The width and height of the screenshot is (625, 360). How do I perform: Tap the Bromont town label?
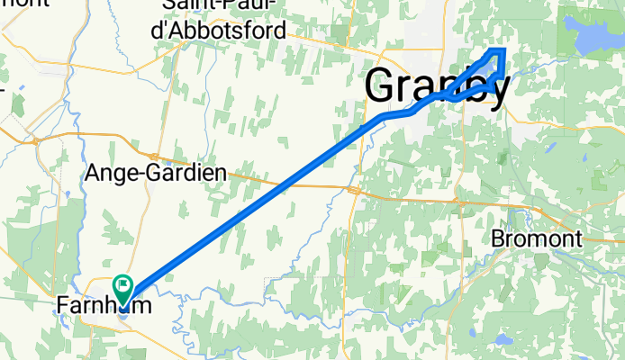[x=538, y=239]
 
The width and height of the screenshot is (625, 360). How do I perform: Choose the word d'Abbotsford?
[x=225, y=31]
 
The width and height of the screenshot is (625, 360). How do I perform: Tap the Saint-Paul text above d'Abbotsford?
[x=225, y=7]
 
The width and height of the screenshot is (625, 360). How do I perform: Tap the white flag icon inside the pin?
[x=122, y=285]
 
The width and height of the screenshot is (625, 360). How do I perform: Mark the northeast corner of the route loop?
[x=503, y=49]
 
